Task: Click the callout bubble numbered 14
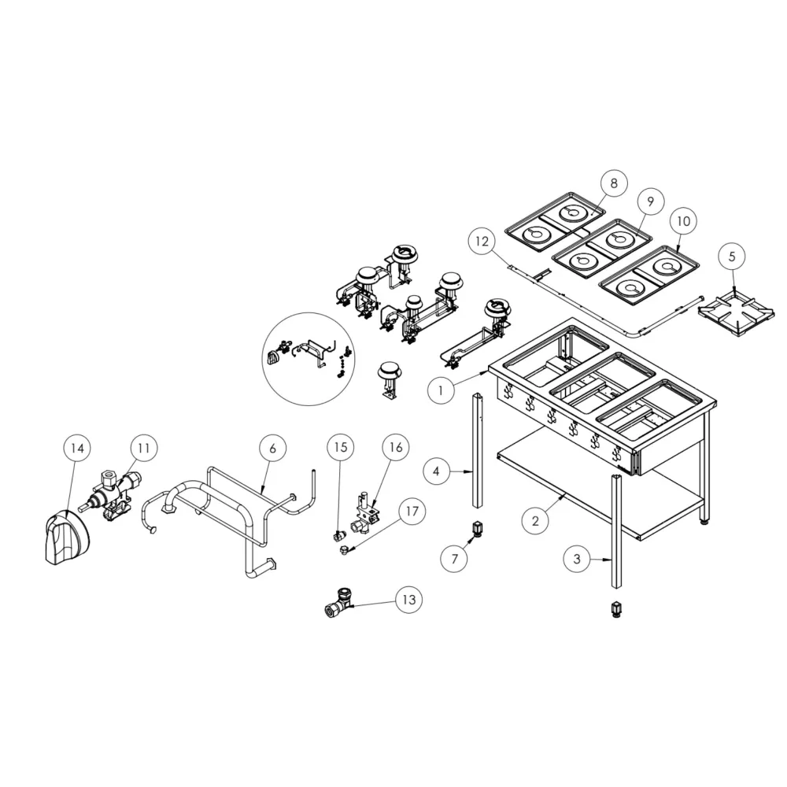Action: point(77,448)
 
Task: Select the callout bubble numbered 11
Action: point(144,448)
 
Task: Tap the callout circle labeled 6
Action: point(272,448)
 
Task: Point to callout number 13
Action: point(409,599)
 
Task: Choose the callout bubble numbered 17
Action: point(412,512)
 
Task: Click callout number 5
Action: point(732,257)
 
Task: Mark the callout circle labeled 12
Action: point(482,242)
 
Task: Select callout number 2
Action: point(535,521)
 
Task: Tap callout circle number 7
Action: point(455,559)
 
